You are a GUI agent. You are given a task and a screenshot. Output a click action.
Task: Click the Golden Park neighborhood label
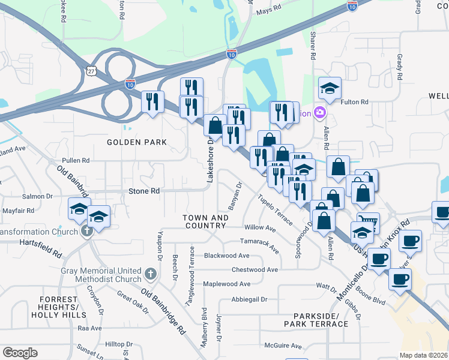pos(136,142)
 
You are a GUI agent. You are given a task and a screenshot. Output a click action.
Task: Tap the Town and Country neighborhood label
pos(205,221)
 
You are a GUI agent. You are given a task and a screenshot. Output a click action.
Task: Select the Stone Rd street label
pos(144,191)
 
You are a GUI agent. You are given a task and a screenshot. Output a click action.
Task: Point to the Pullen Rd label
pos(75,161)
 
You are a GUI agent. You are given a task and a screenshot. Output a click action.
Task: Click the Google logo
pos(20,353)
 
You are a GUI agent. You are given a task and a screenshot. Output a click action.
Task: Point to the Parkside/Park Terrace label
pos(321,319)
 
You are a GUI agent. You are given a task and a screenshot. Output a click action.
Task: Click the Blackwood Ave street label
pos(226,256)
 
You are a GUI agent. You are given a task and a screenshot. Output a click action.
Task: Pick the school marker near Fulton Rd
pos(330,89)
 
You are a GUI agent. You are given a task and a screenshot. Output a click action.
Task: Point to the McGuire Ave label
pos(284,346)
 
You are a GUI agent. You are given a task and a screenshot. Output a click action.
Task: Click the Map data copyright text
pos(424,355)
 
